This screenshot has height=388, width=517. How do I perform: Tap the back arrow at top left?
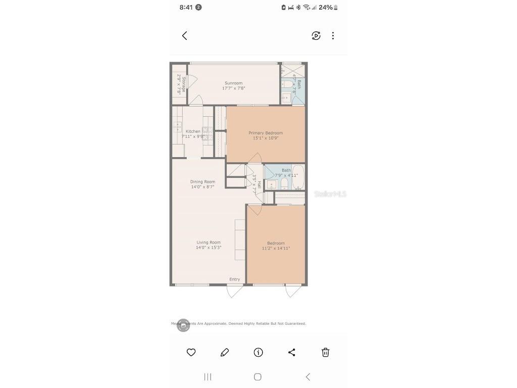[x=185, y=35]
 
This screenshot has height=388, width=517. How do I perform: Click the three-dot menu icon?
[x=333, y=35]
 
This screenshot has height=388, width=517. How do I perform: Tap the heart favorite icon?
[x=191, y=353]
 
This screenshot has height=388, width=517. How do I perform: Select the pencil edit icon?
[x=225, y=353]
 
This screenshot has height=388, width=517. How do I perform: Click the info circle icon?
[x=258, y=353]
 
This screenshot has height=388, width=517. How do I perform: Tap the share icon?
[x=292, y=353]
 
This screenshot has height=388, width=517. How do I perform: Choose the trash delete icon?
[x=326, y=353]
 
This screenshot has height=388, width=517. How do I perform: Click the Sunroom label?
[x=233, y=83]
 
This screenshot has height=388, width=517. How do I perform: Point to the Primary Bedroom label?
[x=266, y=133]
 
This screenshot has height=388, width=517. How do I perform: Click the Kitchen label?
[x=193, y=131]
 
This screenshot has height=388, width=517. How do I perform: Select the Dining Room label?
[x=202, y=182]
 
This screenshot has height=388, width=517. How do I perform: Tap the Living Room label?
[x=209, y=243]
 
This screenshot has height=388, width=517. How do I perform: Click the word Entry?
[x=235, y=279]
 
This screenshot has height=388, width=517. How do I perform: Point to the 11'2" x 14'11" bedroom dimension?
[x=276, y=249]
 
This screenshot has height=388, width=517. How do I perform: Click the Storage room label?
[x=184, y=84]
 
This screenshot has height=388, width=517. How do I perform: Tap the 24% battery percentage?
[x=326, y=8]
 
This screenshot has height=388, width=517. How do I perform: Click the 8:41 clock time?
[x=186, y=8]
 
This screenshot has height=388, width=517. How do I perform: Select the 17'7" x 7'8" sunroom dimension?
[x=233, y=88]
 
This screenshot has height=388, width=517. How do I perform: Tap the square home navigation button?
[x=257, y=377]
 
